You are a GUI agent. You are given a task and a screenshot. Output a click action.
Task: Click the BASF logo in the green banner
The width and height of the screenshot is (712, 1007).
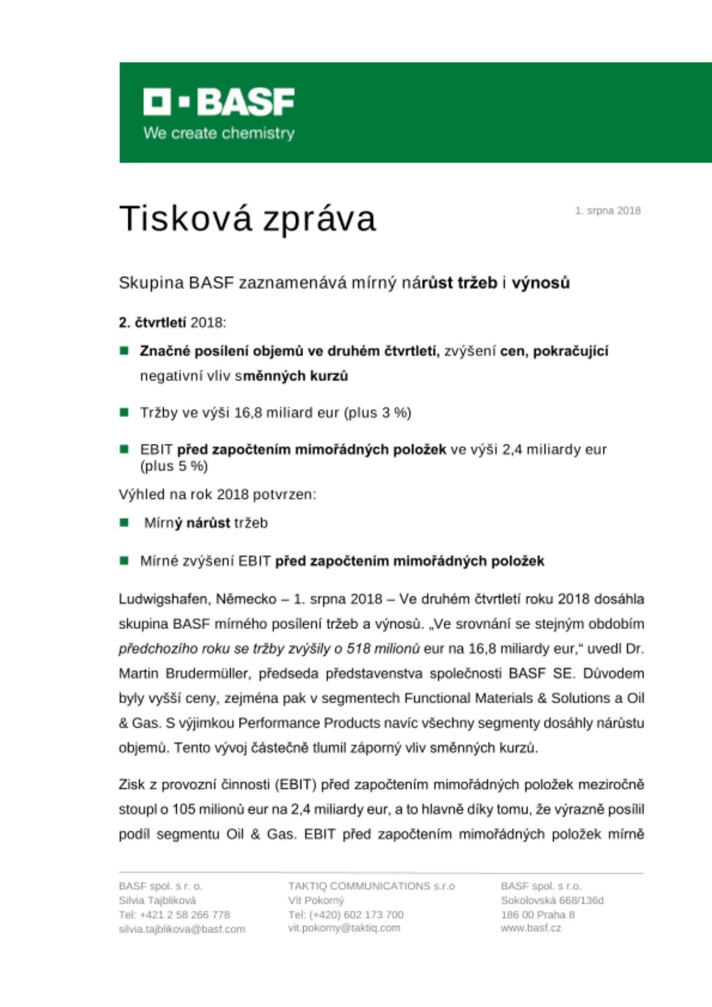click(219, 102)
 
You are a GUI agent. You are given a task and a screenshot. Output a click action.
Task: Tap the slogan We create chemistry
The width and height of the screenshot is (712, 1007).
click(219, 133)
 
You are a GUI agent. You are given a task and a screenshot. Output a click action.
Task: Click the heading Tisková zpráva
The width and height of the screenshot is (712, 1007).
click(247, 219)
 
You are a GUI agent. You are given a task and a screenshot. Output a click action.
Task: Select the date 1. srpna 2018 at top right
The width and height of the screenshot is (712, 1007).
click(608, 211)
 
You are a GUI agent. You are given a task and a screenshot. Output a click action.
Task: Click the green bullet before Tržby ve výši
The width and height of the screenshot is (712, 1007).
click(124, 412)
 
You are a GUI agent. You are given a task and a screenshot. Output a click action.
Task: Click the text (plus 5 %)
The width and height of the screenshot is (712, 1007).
click(174, 466)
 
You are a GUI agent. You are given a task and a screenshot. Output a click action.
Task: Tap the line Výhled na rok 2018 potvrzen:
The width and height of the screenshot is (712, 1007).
click(218, 494)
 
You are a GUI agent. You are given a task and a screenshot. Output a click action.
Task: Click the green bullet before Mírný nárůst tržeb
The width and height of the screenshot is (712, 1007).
click(124, 523)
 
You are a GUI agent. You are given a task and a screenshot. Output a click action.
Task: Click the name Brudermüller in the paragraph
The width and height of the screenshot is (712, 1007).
click(207, 674)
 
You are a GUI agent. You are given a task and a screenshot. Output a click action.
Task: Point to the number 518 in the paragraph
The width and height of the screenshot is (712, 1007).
click(359, 649)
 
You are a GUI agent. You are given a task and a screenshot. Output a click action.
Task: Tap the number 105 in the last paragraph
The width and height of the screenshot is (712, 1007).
click(184, 810)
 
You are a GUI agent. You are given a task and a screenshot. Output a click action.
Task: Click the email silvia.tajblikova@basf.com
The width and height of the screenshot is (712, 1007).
click(182, 929)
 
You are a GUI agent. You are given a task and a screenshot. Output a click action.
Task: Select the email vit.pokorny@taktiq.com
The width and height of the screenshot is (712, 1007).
click(344, 928)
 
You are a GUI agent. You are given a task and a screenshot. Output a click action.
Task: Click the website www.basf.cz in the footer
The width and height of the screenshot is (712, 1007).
click(531, 928)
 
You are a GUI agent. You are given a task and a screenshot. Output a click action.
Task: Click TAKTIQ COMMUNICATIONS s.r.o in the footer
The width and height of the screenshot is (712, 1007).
click(371, 886)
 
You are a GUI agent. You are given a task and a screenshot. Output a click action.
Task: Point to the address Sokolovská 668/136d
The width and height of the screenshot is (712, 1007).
click(552, 900)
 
